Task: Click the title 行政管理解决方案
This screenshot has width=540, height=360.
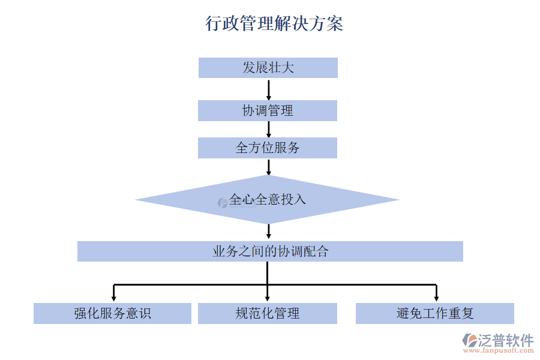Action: pos(274,23)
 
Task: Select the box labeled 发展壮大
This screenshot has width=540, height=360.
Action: pos(268,68)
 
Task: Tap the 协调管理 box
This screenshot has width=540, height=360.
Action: pos(268,110)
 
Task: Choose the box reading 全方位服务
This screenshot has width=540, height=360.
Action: pos(268,148)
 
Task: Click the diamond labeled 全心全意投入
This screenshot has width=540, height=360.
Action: pos(268,199)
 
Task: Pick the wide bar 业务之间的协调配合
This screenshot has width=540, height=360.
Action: pos(270,251)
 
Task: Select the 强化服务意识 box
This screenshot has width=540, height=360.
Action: pos(112,313)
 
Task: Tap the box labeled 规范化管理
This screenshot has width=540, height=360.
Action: pos(268,313)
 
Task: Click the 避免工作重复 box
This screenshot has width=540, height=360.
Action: pos(435,313)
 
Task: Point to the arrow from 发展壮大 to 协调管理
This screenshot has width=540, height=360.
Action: pos(268,89)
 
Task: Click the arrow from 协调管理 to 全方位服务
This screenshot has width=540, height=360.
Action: pos(268,129)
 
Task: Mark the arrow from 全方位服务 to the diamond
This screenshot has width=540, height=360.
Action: pos(268,167)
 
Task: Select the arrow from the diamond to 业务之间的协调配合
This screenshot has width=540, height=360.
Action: pos(268,232)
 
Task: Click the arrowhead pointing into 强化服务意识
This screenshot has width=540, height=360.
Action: pos(113,296)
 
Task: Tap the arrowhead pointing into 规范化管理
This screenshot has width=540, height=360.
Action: pos(268,296)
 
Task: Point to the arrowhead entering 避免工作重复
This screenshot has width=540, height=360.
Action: pos(436,296)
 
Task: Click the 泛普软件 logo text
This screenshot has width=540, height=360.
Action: pos(505,340)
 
